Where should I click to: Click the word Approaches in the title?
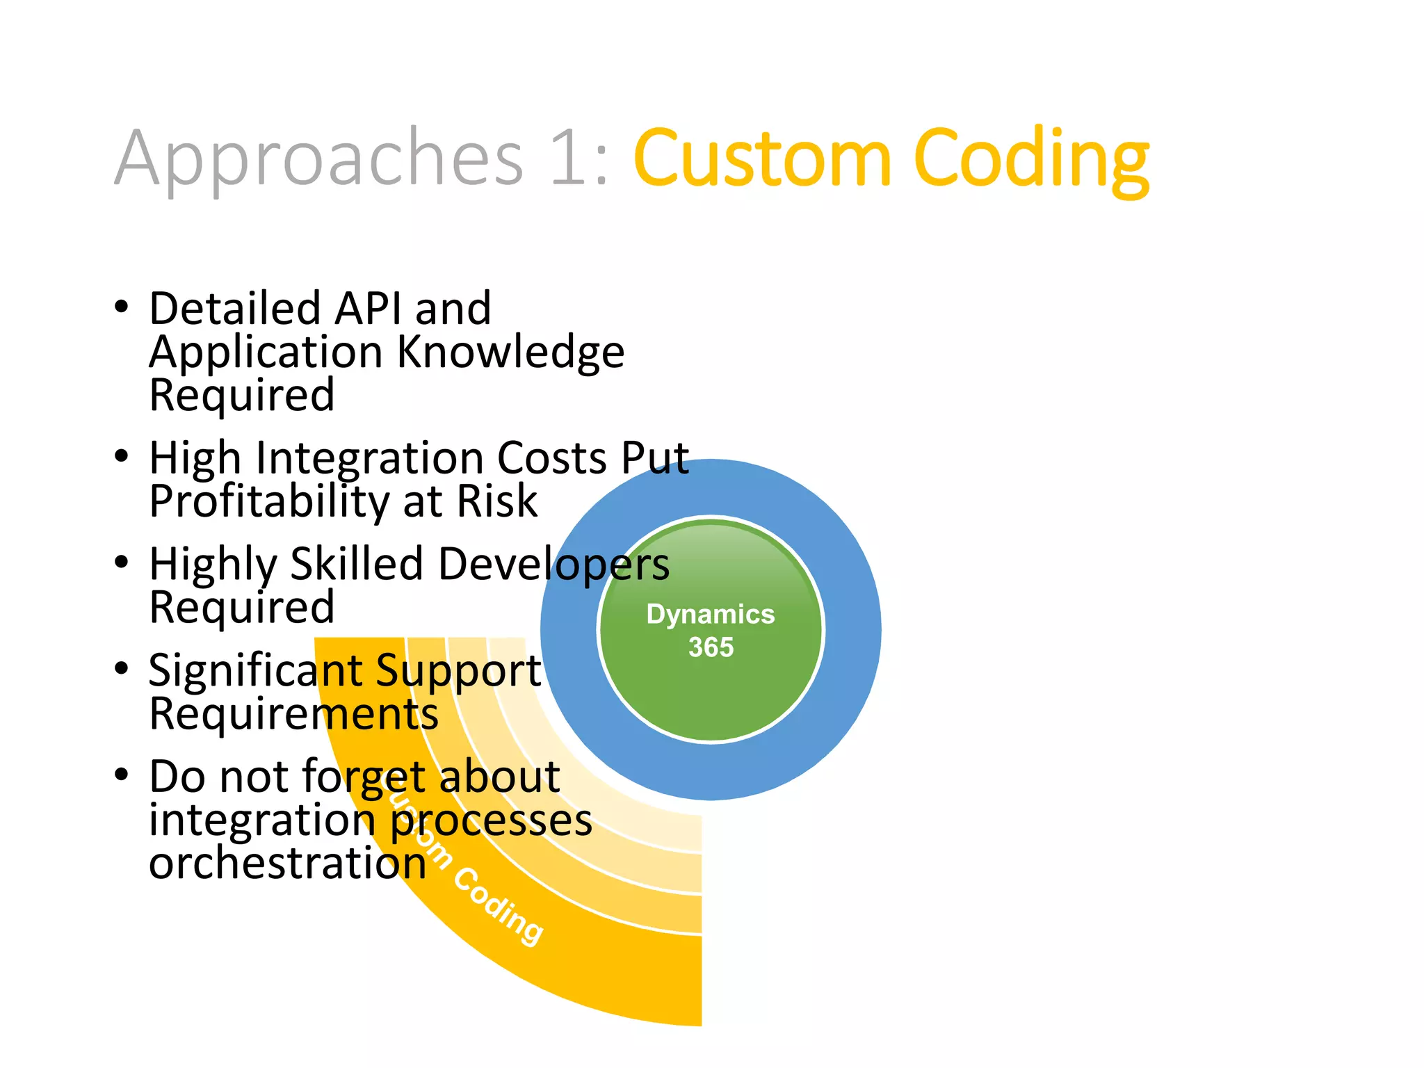(318, 159)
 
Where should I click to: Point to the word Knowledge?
(510, 352)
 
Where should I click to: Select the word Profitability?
(268, 502)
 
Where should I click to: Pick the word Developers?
(553, 564)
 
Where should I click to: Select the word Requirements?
(293, 714)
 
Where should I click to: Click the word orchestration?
(287, 864)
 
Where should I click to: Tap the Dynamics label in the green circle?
(710, 615)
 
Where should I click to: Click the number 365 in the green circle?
(711, 647)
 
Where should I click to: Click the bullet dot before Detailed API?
(122, 307)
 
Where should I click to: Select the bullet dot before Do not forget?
(122, 775)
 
